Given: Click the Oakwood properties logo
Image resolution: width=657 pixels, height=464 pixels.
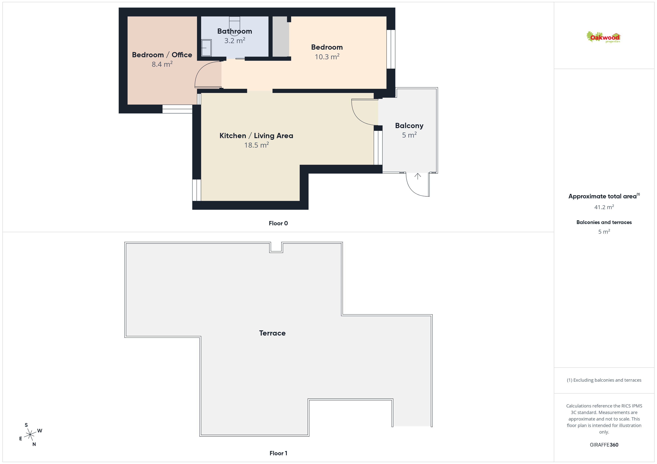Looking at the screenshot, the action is coord(603,37).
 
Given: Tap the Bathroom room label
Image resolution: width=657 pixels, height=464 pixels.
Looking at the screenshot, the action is coord(235,31).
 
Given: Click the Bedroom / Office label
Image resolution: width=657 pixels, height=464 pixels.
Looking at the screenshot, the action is coord(162,55).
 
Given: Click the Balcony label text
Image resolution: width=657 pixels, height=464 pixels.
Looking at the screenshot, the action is coord(409,126).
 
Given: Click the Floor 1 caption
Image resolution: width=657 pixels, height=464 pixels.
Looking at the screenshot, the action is coord(278,453).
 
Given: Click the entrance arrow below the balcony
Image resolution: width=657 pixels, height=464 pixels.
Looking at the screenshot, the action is coord(418,176).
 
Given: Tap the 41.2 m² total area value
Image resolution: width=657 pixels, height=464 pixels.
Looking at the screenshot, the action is coord(604,207).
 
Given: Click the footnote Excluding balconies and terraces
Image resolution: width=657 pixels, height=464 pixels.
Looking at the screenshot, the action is coord(604,380).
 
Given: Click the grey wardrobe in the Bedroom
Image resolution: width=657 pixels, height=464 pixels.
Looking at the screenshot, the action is coord(280,37).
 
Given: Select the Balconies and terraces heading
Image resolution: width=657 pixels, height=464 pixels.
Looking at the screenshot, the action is coord(604,222).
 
